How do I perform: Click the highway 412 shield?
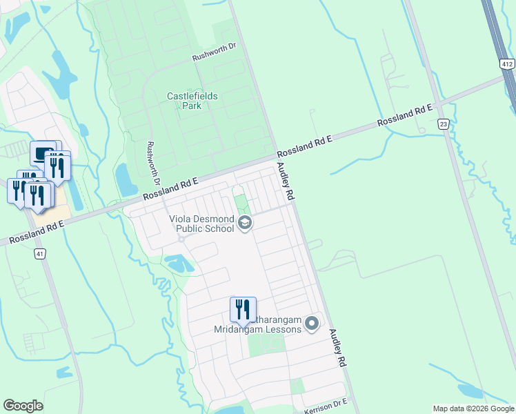pyautogui.click(x=508, y=64)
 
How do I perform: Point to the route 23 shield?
pyautogui.click(x=443, y=124)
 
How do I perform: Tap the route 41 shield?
pyautogui.click(x=41, y=254)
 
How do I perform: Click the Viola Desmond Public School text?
pyautogui.click(x=202, y=224)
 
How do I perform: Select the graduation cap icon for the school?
pyautogui.click(x=244, y=223)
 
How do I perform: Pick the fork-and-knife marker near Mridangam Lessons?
pyautogui.click(x=243, y=310)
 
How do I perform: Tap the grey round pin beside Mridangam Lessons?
pyautogui.click(x=312, y=323)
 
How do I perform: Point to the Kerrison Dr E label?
pyautogui.click(x=325, y=406)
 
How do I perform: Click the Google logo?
pyautogui.click(x=23, y=406)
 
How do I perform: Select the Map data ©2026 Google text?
pyautogui.click(x=473, y=408)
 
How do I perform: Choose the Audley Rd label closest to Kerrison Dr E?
pyautogui.click(x=337, y=347)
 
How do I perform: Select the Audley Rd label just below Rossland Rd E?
pyautogui.click(x=286, y=181)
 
